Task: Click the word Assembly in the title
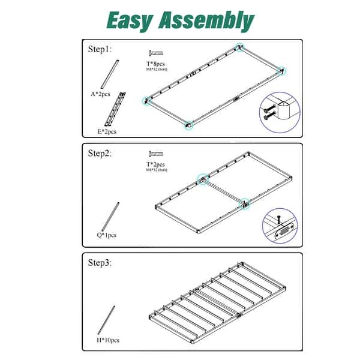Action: (x=206, y=20)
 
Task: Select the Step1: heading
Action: (x=100, y=49)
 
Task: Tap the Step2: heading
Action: (x=100, y=153)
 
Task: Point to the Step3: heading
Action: (x=100, y=263)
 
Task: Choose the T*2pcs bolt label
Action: (x=157, y=164)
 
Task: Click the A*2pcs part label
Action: (x=100, y=94)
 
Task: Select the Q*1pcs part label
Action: (x=107, y=235)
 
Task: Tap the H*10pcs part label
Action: (x=107, y=340)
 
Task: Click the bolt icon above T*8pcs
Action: (x=157, y=53)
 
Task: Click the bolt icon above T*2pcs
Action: (x=157, y=154)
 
